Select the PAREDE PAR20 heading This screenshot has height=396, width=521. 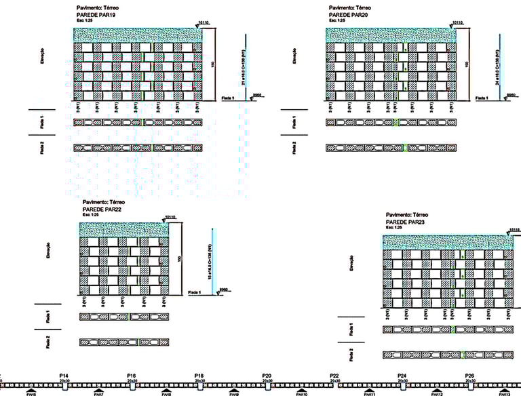pos(349,14)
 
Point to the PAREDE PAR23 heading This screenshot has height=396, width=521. pos(406,222)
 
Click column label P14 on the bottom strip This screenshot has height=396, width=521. pos(64,375)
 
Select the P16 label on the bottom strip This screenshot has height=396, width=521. pos(132,375)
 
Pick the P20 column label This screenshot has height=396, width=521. pos(267,375)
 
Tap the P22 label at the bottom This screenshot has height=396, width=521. pos(334,375)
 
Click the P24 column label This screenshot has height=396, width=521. pos(402,375)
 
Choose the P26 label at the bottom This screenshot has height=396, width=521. pos(469,375)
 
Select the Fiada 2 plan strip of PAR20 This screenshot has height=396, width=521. pos(389,146)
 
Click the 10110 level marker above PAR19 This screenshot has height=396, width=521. pos(204,22)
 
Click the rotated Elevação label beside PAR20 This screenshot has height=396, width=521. pos(294,56)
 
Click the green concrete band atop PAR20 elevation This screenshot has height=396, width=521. pos(391,35)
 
